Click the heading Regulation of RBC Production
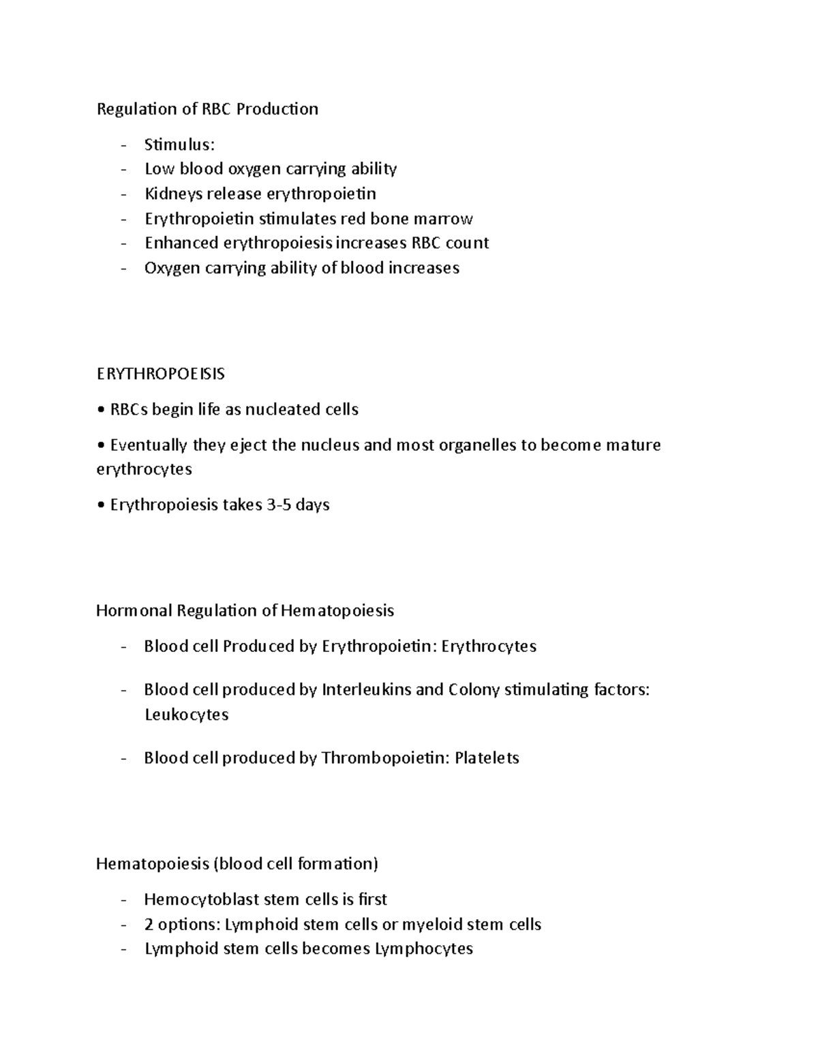207,109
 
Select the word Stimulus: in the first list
179,145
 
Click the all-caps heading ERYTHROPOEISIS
160,374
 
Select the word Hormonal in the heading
134,610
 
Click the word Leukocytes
186,715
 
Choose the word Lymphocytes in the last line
423,949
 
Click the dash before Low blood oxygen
123,170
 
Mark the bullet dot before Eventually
100,446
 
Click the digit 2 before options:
149,925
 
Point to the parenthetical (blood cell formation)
295,864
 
